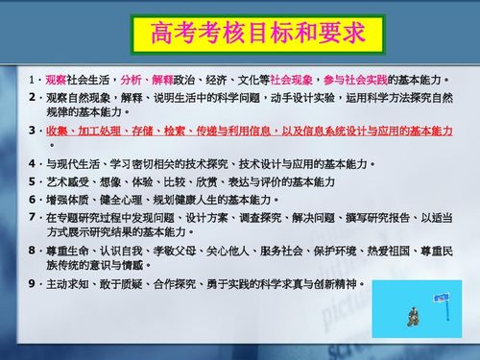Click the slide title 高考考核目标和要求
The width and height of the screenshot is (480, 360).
pyautogui.click(x=258, y=36)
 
